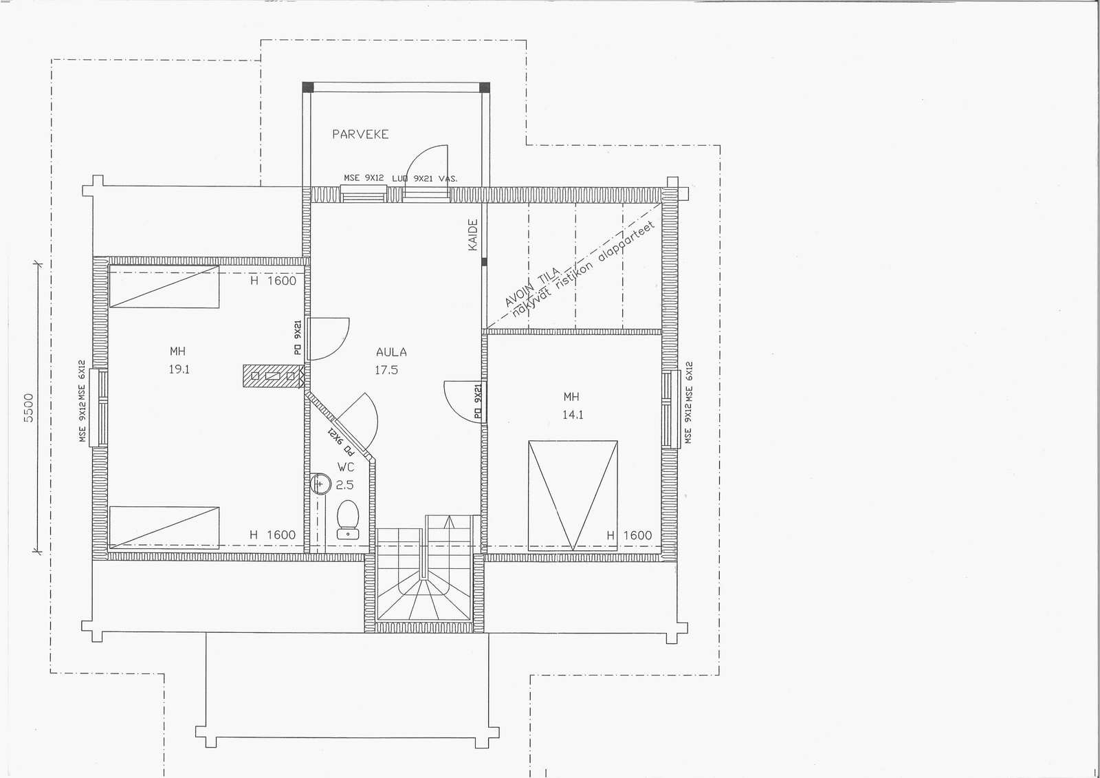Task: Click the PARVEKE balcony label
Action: (x=360, y=134)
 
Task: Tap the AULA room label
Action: (x=391, y=352)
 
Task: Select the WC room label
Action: (x=346, y=467)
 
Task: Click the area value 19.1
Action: (x=179, y=369)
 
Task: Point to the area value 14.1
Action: (x=573, y=415)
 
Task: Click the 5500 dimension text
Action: (x=28, y=407)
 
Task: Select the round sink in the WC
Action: (x=320, y=484)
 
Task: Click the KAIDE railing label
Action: (x=472, y=235)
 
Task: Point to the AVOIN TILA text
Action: (x=533, y=287)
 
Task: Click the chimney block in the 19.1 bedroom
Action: (x=272, y=376)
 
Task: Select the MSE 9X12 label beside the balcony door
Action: (x=364, y=178)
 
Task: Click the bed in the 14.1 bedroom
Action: (x=573, y=495)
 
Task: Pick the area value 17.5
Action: (x=386, y=370)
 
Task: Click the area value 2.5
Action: (x=344, y=485)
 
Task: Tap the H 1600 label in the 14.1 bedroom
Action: (x=630, y=535)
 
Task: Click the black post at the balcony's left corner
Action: (x=308, y=87)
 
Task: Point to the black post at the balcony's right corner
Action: (x=484, y=87)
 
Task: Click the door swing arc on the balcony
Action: (x=417, y=158)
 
